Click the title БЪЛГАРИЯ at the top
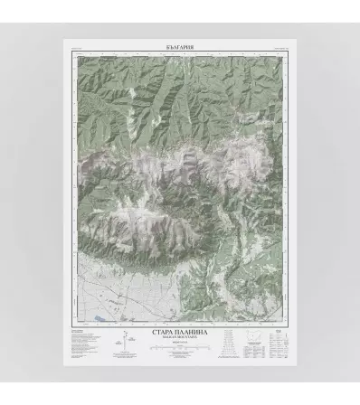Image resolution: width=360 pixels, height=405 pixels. [x=181, y=44]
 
